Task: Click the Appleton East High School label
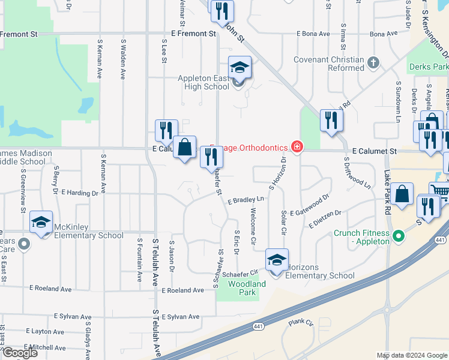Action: (x=203, y=83)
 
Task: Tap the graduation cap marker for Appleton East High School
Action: (x=239, y=67)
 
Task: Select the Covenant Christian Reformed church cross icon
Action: (x=373, y=62)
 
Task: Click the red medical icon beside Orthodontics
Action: (x=296, y=146)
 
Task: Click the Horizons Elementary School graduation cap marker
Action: (x=277, y=260)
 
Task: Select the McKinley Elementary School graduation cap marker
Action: (x=41, y=223)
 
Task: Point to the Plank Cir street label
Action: (x=301, y=323)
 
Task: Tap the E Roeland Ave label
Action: (x=183, y=290)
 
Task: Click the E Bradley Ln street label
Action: (x=246, y=200)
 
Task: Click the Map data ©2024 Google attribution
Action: (x=411, y=355)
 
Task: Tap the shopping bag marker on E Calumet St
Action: (x=185, y=147)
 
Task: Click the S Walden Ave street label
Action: (x=123, y=60)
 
